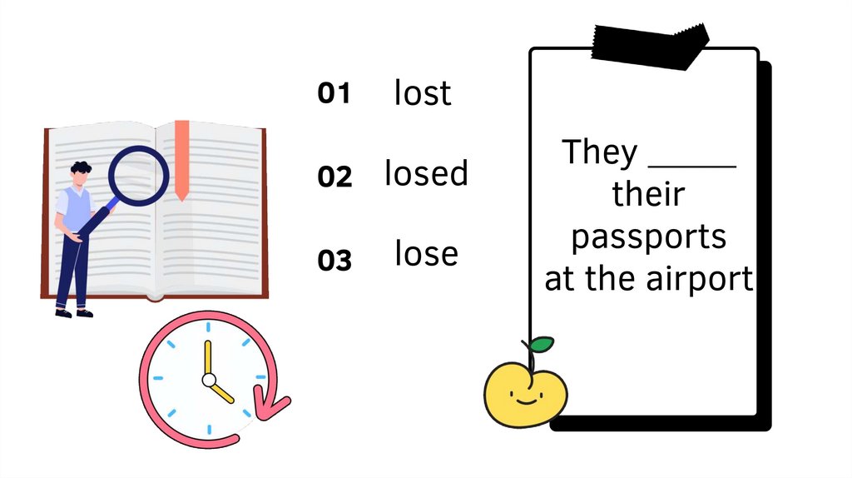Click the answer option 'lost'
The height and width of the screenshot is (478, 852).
423,93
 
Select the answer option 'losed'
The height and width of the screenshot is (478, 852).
426,173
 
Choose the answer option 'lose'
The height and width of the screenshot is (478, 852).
426,253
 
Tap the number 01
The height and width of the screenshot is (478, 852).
334,94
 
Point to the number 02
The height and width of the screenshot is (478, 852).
334,177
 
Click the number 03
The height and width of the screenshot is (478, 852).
334,261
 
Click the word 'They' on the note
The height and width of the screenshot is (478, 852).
599,152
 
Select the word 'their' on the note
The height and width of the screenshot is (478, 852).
648,195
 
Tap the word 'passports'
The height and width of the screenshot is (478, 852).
648,237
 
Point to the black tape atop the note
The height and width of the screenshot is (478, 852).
651,45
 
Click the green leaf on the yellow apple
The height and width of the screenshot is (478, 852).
542,343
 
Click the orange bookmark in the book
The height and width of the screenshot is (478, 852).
181,158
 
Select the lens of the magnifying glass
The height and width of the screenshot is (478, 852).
139,176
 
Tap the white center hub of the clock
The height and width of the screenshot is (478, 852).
209,380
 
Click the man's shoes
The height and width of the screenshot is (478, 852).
73,313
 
